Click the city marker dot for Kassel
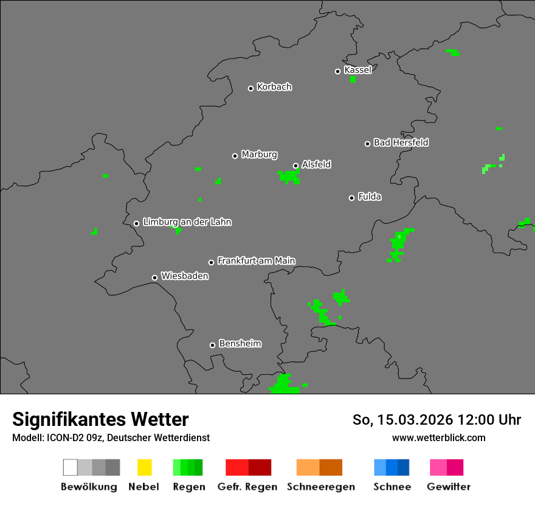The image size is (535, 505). click(337, 71)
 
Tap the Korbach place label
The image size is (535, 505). click(274, 87)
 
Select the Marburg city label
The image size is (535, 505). click(259, 155)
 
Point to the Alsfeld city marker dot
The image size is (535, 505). click(295, 165)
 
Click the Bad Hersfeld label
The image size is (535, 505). click(401, 142)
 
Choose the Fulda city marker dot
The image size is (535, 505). click(351, 198)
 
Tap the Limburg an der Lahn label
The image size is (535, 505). click(187, 222)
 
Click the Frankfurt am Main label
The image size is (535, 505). click(256, 261)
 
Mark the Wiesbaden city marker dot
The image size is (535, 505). click(154, 277)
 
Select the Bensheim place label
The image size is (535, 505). click(240, 344)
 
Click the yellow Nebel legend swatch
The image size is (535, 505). click(144, 467)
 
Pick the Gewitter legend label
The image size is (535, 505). click(449, 487)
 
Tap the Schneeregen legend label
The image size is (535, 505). click(321, 487)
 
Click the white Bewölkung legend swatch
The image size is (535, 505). click(70, 467)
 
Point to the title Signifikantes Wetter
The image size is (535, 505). click(100, 419)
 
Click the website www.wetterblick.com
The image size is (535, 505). click(438, 437)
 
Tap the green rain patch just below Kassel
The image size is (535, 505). click(353, 79)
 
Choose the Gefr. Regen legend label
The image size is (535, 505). click(247, 487)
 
